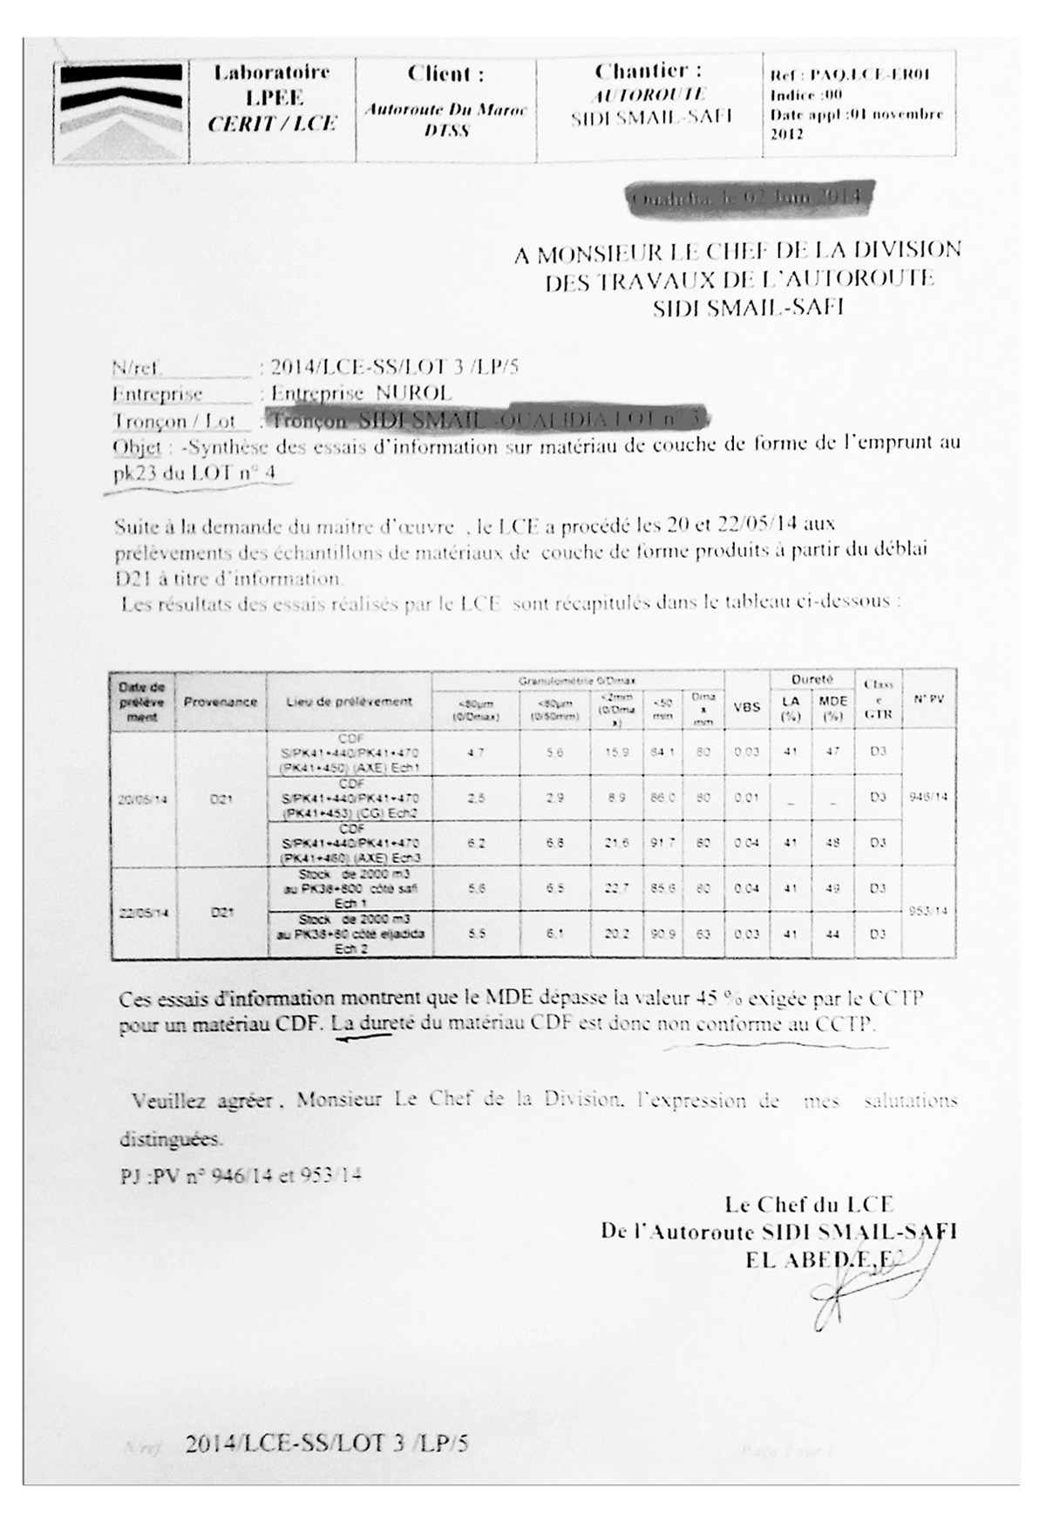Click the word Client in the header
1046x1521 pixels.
[x=445, y=74]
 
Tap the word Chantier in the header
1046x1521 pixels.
[x=648, y=71]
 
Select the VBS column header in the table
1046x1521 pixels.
[x=746, y=707]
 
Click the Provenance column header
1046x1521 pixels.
[x=221, y=701]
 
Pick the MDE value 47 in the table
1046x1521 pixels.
[x=832, y=750]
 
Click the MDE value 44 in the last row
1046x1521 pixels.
[x=832, y=934]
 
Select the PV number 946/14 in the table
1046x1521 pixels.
[x=929, y=797]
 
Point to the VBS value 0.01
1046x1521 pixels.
[x=746, y=797]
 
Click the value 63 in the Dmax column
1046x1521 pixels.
[x=704, y=934]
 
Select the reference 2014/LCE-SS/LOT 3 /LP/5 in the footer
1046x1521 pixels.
[x=327, y=1443]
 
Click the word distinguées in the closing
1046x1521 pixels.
[x=171, y=1138]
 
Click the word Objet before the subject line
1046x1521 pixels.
[x=137, y=447]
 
